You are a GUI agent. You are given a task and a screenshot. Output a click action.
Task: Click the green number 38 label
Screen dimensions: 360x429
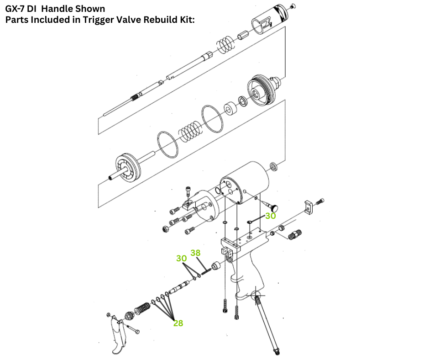pyautogui.click(x=195, y=253)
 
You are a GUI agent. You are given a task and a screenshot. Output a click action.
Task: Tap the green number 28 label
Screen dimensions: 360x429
pyautogui.click(x=178, y=323)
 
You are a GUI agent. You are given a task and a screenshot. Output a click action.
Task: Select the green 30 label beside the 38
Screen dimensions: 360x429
pyautogui.click(x=182, y=258)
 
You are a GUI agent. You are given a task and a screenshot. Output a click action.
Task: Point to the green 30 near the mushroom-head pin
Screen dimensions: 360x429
pyautogui.click(x=271, y=216)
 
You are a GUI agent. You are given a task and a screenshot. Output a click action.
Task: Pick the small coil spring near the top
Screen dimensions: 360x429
pyautogui.click(x=225, y=44)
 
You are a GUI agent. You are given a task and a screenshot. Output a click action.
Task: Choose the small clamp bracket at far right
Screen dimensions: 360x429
pyautogui.click(x=309, y=207)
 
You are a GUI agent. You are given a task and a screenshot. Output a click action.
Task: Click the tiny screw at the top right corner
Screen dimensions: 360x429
pyautogui.click(x=293, y=6)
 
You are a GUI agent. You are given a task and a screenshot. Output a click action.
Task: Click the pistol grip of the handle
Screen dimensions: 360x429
pyautogui.click(x=248, y=279)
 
